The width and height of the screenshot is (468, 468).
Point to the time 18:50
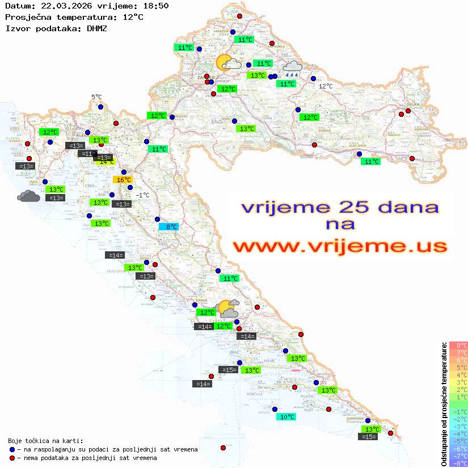155,6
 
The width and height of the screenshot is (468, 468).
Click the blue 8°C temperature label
169,227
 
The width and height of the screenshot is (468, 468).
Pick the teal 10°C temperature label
288,417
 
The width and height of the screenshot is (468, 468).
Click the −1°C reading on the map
143,195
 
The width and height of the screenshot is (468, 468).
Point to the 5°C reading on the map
96,97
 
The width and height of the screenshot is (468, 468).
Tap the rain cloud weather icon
293,69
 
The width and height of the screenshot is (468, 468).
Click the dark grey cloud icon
28,196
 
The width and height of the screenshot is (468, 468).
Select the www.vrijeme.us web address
340,246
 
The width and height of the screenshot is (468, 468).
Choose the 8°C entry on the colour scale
458,345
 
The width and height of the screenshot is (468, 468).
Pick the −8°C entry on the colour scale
458,463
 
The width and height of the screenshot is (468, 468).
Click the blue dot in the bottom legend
12,449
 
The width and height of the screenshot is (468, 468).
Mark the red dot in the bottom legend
12,457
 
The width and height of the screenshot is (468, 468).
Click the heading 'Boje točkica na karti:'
45,441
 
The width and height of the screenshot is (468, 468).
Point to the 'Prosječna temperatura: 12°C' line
74,17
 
